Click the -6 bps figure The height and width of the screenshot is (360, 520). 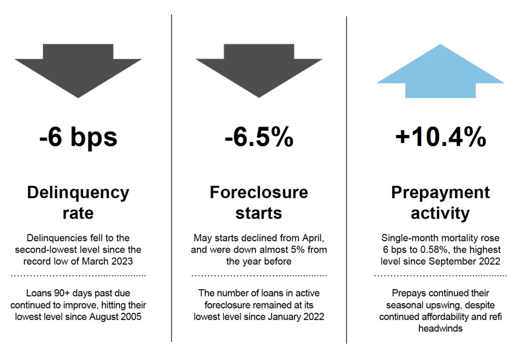78,137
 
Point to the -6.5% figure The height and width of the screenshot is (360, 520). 259,136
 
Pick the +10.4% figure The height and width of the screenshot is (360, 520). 441,136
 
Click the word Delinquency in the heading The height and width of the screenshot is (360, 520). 78,193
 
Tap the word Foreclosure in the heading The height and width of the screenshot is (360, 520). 259,192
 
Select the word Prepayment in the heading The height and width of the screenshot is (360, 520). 441,193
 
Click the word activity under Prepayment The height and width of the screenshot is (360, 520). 441,213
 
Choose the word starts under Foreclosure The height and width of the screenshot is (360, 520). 259,213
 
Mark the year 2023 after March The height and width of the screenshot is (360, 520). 122,261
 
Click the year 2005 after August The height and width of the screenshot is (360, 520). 130,316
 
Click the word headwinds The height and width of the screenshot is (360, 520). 441,328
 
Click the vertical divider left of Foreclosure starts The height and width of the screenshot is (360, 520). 172,178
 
